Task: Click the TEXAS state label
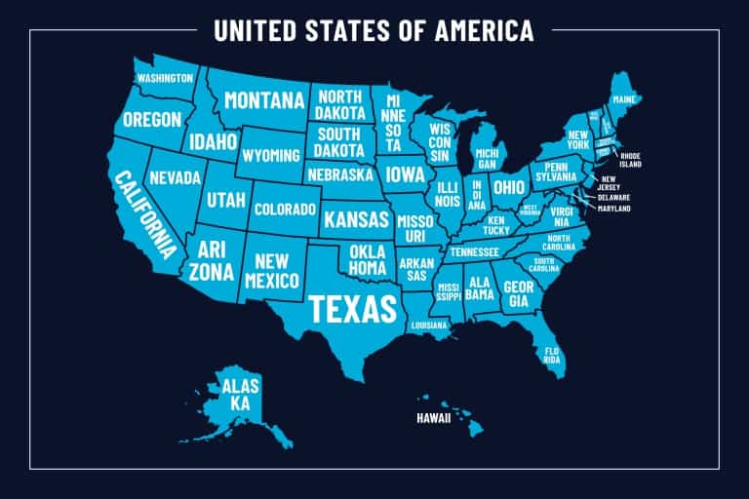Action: point(353,308)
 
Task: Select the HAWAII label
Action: point(435,420)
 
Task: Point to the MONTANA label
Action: point(263,100)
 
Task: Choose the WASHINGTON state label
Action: point(164,78)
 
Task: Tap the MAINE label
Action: point(624,100)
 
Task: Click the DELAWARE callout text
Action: point(614,197)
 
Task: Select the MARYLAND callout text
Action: point(614,209)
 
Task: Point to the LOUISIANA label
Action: point(428,325)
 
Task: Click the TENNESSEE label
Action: point(475,251)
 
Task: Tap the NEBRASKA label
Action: point(339,175)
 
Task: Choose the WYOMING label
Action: point(270,156)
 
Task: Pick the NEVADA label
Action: point(176,178)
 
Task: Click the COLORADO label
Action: point(285,209)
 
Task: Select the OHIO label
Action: point(508,186)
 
